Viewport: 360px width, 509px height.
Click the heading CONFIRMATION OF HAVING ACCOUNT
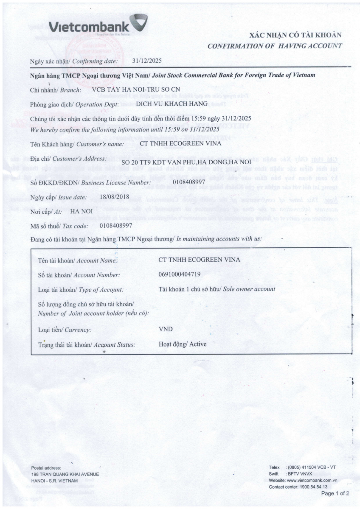[275, 46]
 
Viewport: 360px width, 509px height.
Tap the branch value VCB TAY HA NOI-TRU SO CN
[136, 89]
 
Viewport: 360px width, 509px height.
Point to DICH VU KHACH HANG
[171, 103]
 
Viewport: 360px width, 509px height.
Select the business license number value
[189, 182]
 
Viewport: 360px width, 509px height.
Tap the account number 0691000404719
[180, 274]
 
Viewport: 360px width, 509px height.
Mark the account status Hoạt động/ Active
[183, 344]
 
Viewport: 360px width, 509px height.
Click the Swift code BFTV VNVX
[300, 473]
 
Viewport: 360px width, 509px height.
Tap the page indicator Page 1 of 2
[335, 494]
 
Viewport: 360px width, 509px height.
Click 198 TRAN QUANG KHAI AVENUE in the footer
[65, 474]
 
